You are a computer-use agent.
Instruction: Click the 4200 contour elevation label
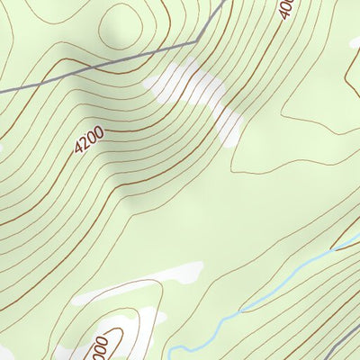click(90, 139)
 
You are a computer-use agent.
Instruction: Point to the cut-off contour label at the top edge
click(286, 9)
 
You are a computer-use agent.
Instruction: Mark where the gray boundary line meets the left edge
click(2, 89)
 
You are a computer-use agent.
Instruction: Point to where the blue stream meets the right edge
click(357, 236)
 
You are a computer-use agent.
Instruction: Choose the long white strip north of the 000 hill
click(135, 283)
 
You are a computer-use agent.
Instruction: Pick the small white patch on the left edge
click(3, 144)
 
